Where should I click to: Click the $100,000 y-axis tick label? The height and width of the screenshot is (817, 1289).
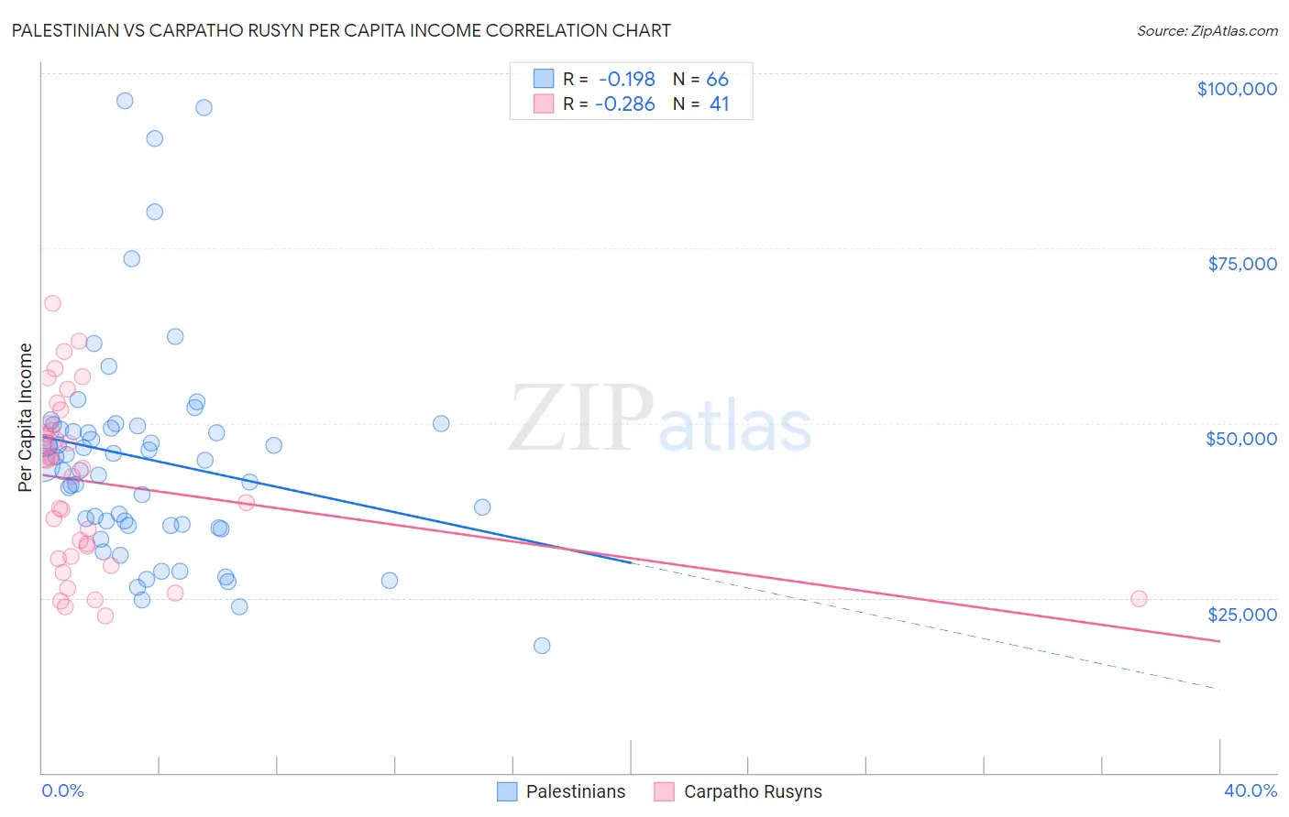tap(1236, 89)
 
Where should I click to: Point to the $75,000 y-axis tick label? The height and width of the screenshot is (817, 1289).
tap(1241, 264)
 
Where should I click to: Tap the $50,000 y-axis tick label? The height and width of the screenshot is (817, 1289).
tap(1240, 439)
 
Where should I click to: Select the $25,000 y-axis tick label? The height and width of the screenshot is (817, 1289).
tap(1241, 615)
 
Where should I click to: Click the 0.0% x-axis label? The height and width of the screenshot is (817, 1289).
tap(62, 791)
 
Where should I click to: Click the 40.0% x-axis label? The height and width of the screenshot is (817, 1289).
tap(1250, 791)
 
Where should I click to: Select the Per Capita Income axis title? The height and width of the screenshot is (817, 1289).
tap(26, 417)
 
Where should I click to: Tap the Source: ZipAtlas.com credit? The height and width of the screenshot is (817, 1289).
tap(1206, 30)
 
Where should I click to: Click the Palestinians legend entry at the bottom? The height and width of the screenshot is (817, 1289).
tap(561, 791)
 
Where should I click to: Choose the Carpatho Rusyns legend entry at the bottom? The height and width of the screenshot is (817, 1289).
tap(738, 791)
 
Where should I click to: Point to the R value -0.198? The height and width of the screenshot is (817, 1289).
tap(626, 79)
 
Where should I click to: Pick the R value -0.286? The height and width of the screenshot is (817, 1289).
tap(624, 104)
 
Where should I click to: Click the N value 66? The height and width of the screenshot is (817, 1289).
tap(717, 79)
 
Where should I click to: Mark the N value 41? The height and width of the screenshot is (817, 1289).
tap(719, 104)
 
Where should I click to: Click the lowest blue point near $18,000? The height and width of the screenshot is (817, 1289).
tap(542, 646)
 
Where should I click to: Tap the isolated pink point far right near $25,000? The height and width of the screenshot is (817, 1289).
tap(1139, 599)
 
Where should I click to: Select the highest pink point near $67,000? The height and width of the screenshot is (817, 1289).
tap(52, 303)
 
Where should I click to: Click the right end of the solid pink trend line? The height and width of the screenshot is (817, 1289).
tap(1219, 641)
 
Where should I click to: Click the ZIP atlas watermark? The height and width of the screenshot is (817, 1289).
tap(660, 419)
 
